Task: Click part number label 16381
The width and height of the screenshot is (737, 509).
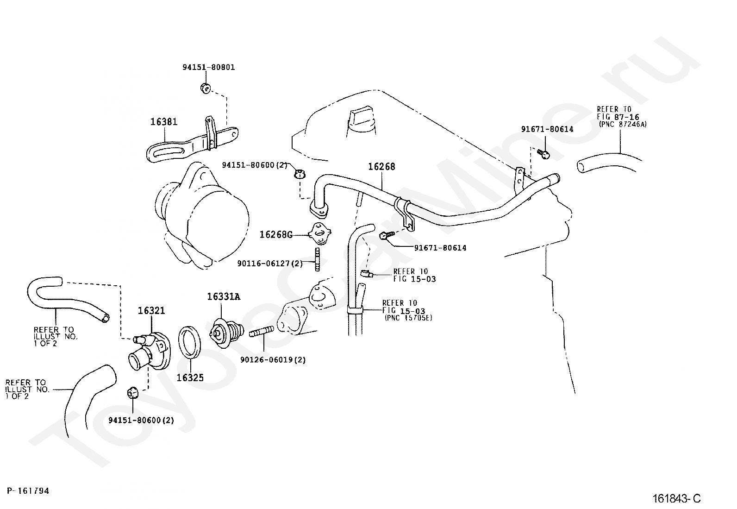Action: click(x=164, y=122)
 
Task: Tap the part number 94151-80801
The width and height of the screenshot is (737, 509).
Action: click(x=209, y=67)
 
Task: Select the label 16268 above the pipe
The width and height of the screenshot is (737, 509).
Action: click(x=381, y=167)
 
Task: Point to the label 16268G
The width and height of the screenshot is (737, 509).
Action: click(x=276, y=234)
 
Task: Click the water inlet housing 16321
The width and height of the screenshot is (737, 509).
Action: click(x=150, y=351)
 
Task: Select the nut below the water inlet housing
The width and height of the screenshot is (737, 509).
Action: click(x=132, y=392)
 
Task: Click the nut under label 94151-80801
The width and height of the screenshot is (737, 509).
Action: click(x=206, y=88)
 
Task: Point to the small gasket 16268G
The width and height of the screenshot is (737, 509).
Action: click(x=319, y=233)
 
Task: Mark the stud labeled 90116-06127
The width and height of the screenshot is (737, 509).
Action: click(x=317, y=259)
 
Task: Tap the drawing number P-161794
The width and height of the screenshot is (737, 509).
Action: click(x=28, y=490)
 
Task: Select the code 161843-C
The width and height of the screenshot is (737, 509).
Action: click(x=676, y=498)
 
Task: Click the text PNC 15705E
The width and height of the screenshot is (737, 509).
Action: click(x=408, y=318)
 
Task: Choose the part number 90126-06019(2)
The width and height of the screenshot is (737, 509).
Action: click(x=273, y=360)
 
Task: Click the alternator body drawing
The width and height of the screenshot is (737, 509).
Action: click(x=202, y=216)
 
